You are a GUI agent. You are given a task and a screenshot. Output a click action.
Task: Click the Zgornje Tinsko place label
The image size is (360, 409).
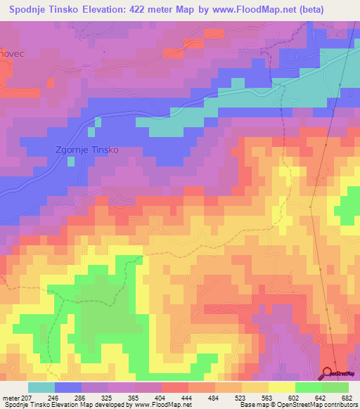click(x=86, y=150)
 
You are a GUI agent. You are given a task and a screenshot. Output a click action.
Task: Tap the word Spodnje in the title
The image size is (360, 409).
click(x=32, y=10)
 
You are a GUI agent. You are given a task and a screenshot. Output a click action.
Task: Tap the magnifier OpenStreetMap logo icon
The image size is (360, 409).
click(x=328, y=372)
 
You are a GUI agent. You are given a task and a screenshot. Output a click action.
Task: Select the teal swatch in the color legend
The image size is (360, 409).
click(x=41, y=387)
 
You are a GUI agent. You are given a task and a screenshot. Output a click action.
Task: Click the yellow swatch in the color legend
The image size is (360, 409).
click(x=281, y=387)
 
